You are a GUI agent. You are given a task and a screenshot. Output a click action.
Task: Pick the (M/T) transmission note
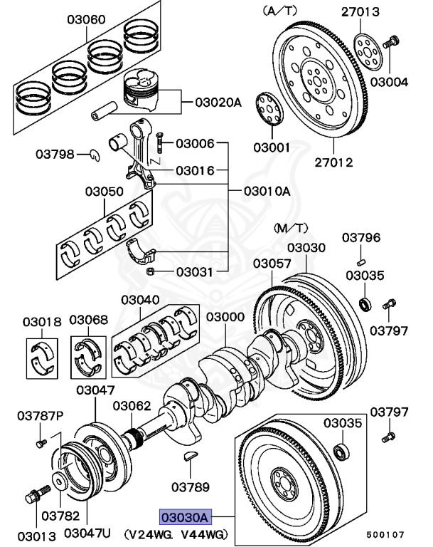292,227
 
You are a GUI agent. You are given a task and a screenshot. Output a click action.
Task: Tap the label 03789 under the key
191,488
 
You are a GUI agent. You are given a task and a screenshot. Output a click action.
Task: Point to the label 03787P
41,416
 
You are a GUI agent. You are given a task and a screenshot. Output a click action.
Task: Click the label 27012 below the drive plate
333,162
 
